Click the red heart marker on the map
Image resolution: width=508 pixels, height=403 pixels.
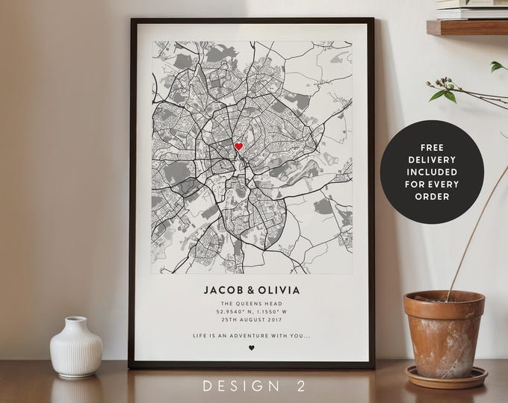(239, 146)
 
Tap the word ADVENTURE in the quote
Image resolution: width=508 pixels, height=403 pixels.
(250, 334)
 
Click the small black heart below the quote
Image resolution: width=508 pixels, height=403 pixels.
(252, 348)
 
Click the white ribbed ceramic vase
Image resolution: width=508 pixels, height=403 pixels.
(76, 349)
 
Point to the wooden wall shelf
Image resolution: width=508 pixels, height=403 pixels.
(467, 27)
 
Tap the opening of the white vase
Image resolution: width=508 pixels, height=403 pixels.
(75, 319)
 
